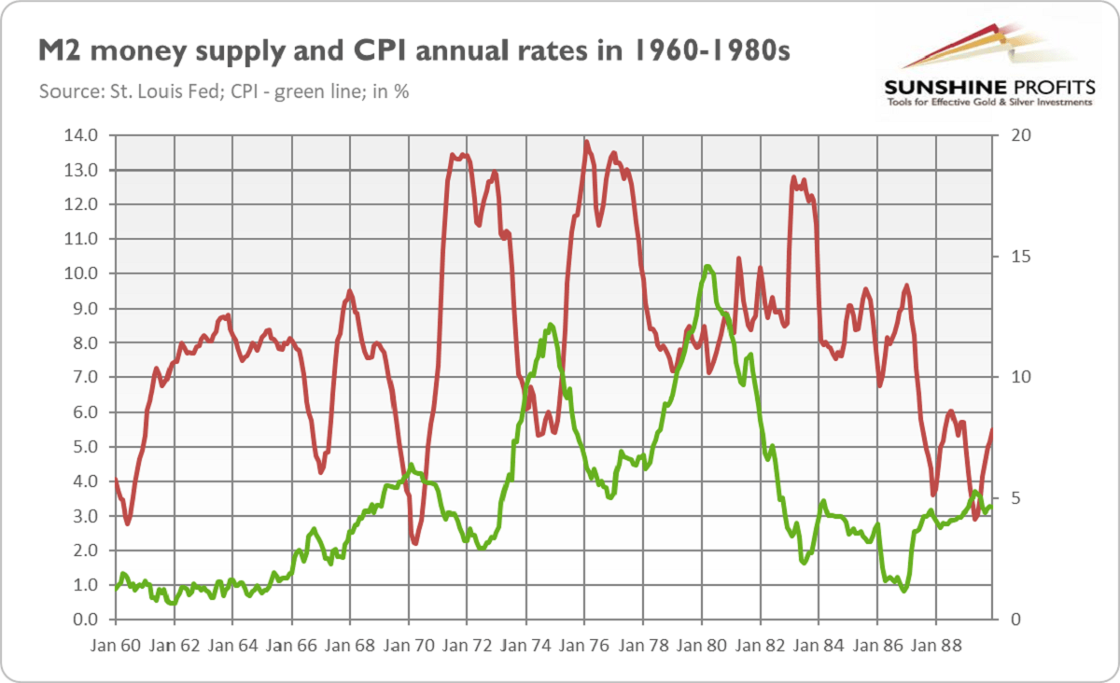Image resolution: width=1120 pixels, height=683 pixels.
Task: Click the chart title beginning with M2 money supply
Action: (x=413, y=52)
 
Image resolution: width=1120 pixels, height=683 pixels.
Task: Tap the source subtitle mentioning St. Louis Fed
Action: (x=224, y=91)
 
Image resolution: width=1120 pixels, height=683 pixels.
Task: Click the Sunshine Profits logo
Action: (x=988, y=66)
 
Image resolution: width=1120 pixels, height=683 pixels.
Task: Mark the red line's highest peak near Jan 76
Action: (x=585, y=142)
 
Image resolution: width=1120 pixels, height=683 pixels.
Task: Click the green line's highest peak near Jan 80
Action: (x=708, y=267)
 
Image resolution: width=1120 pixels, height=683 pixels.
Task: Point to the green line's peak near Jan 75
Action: (x=551, y=325)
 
